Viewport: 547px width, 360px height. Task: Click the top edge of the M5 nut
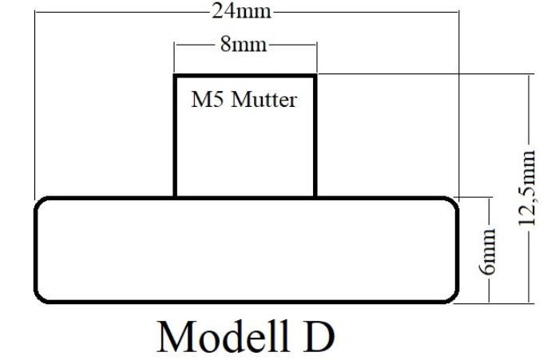coord(245,76)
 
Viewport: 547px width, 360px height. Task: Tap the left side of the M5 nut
coord(176,136)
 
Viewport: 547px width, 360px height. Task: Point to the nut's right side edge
coord(315,136)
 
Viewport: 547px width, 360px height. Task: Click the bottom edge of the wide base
coord(245,302)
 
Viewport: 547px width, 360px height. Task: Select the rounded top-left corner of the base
coord(40,203)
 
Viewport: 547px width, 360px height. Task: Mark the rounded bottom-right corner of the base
coord(453,296)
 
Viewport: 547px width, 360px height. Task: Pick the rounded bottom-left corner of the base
coord(40,296)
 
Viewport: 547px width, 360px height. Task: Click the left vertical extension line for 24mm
coord(34,104)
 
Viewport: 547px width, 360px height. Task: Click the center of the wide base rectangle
coord(246,250)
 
